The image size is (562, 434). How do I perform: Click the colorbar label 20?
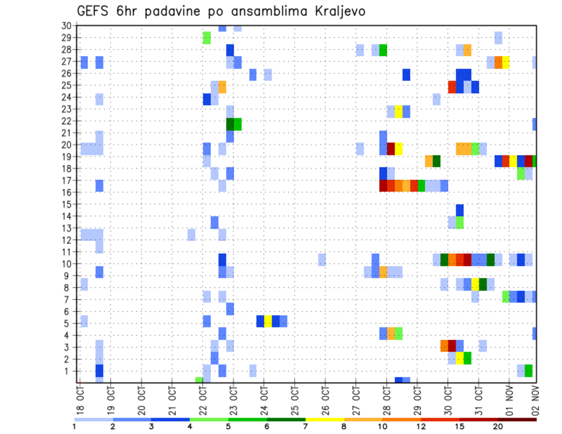coord(498,426)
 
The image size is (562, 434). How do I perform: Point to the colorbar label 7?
coord(306,426)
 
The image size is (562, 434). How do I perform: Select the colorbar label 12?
coord(421,426)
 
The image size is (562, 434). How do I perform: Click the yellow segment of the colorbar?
coord(325,419)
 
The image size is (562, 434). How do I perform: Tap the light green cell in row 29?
coord(207,37)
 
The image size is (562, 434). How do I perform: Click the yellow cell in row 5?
coord(268,321)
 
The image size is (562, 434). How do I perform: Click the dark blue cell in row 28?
coord(230,50)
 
